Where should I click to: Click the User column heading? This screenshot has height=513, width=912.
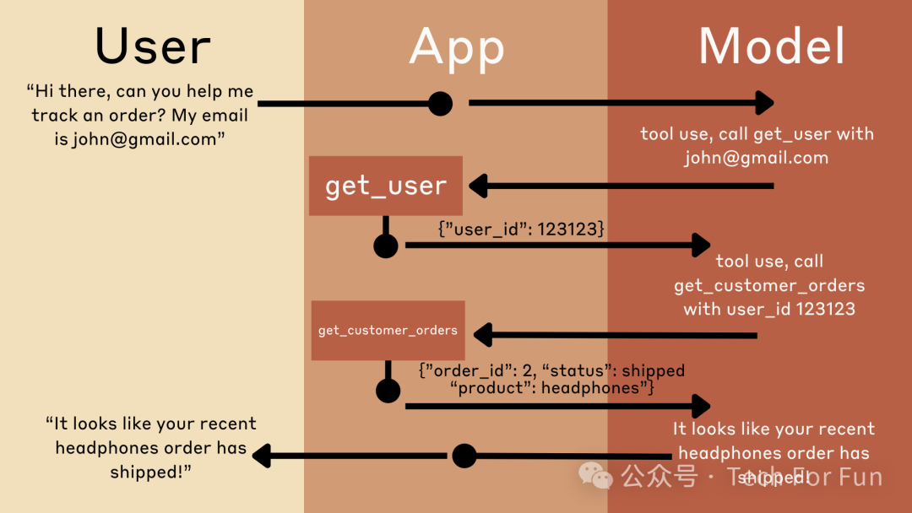[x=153, y=46]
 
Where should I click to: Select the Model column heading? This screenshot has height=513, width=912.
[x=772, y=46]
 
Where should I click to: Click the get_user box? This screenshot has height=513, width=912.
[x=386, y=186]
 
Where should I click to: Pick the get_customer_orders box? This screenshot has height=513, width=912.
[x=388, y=330]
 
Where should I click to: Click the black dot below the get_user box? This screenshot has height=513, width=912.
[x=386, y=246]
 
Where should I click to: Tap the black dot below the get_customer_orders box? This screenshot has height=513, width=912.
[x=388, y=391]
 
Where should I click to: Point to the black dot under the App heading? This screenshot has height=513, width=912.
[x=440, y=104]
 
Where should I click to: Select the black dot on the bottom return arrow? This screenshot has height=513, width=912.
[x=464, y=456]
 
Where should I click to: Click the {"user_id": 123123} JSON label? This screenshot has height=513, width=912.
[x=521, y=228]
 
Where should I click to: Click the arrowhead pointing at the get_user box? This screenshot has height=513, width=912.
[x=480, y=186]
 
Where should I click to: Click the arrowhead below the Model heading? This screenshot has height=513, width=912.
[x=763, y=103]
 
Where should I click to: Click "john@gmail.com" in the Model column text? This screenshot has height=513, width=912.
[x=756, y=158]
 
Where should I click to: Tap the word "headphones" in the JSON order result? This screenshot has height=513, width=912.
[x=590, y=388]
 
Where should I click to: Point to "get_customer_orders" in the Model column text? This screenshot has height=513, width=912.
[x=769, y=285]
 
